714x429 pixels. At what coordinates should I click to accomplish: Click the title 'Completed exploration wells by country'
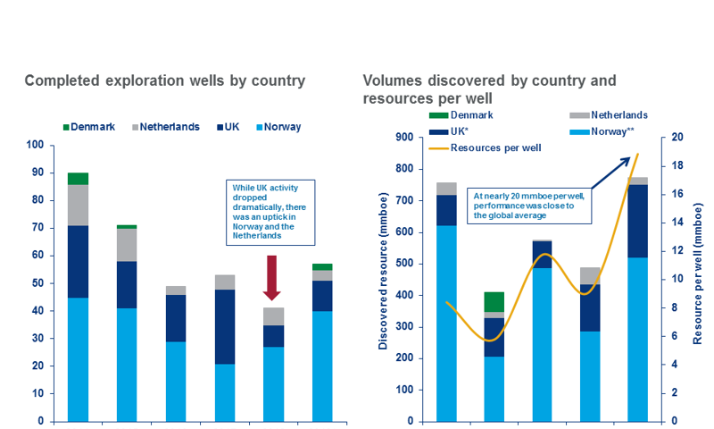pyautogui.click(x=164, y=81)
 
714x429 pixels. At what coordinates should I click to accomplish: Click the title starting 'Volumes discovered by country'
pyautogui.click(x=489, y=88)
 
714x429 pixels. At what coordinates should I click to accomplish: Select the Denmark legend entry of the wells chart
pyautogui.click(x=89, y=127)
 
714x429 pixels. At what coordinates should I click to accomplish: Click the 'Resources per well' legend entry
pyautogui.click(x=483, y=146)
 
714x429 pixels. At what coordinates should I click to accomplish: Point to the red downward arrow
pyautogui.click(x=272, y=278)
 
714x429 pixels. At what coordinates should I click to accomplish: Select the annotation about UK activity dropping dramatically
pyautogui.click(x=271, y=213)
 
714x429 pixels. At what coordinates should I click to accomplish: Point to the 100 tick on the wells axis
pyautogui.click(x=35, y=145)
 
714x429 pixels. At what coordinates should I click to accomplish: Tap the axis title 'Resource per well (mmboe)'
pyautogui.click(x=699, y=279)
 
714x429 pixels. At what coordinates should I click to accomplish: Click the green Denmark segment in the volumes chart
pyautogui.click(x=494, y=301)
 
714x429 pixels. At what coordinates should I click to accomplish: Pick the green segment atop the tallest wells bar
pyautogui.click(x=78, y=179)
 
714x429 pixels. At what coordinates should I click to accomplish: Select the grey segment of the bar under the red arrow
pyautogui.click(x=272, y=316)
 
